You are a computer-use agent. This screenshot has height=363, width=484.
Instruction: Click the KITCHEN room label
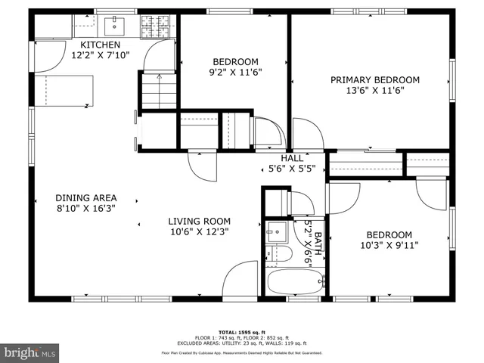(101, 45)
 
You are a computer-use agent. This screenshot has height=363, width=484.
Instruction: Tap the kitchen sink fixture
(116, 25)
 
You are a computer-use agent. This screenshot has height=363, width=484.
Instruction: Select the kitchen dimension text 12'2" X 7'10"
(101, 55)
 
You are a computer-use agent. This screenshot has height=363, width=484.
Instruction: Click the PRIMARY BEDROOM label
(374, 79)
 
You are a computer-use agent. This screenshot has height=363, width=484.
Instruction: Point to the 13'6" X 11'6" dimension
(374, 91)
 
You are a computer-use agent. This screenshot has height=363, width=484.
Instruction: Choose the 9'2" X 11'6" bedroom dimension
(235, 73)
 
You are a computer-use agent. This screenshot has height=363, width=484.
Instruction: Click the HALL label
(292, 158)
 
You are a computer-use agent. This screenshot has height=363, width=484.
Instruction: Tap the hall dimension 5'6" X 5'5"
(292, 169)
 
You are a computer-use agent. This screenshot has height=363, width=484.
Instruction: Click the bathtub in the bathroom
(296, 283)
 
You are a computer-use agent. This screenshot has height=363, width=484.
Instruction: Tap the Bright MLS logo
(30, 352)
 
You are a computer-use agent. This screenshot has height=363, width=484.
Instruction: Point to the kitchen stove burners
(157, 27)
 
